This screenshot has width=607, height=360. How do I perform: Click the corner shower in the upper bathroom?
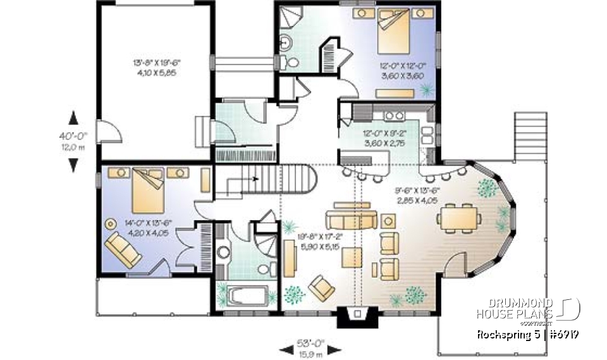(x=289, y=18)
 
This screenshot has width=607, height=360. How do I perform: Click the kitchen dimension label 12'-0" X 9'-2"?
(x=380, y=139)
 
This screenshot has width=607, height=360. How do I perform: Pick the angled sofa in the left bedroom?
(x=123, y=249)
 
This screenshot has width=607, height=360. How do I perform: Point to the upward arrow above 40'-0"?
(x=73, y=118)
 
